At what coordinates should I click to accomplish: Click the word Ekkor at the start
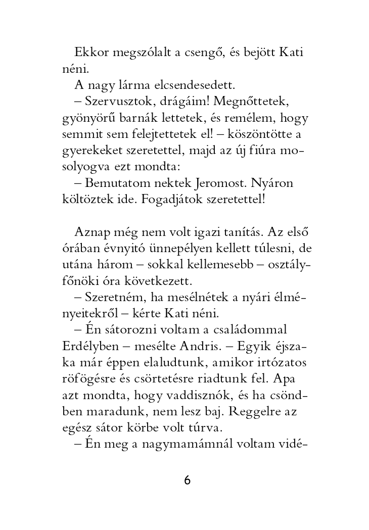point(89,52)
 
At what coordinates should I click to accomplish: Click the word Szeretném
point(113,297)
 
